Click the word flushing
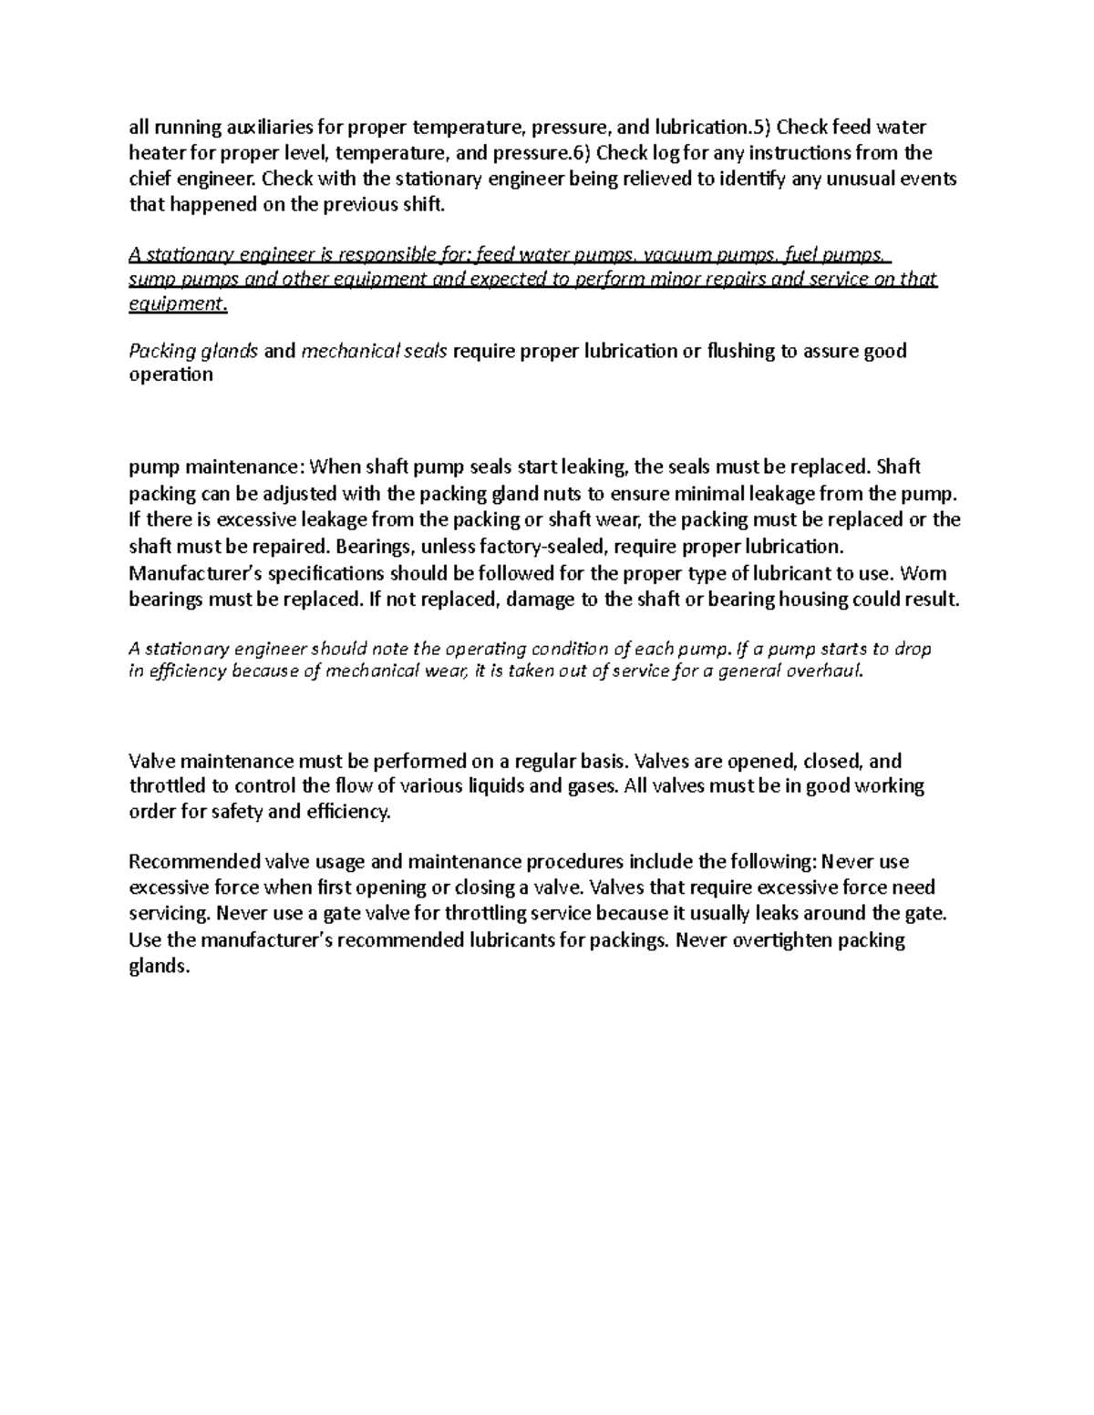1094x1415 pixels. (x=740, y=351)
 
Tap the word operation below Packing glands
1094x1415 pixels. (x=170, y=375)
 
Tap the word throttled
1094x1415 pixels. (x=167, y=786)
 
